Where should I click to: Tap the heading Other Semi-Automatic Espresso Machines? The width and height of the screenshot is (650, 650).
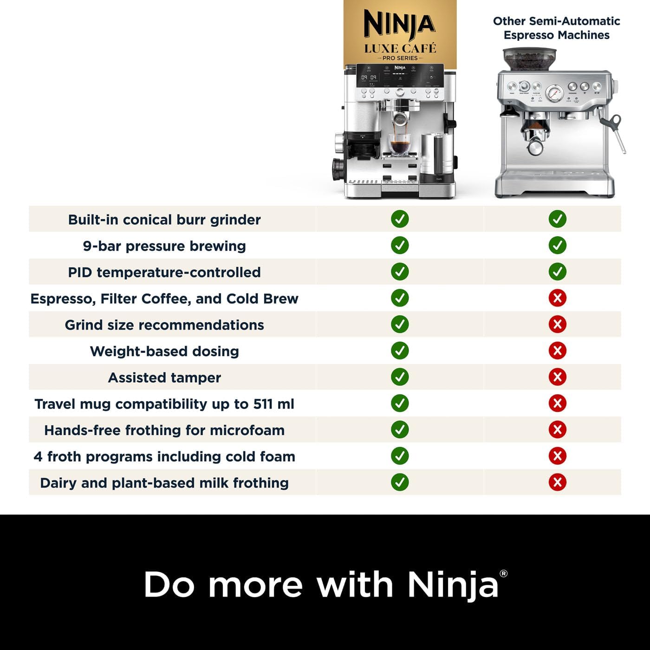pos(556,28)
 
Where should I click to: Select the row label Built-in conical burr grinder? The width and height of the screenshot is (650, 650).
pos(164,220)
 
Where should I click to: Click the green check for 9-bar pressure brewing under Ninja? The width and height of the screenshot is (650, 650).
pos(400,245)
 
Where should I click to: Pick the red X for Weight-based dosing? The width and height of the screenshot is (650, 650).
pos(557,351)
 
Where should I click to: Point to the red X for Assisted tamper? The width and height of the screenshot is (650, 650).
pos(557,377)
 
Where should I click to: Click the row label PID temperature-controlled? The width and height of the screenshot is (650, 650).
pos(164,272)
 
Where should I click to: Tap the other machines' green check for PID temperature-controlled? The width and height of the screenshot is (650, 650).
pos(557,272)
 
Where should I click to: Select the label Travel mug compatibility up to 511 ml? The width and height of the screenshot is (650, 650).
pos(164,404)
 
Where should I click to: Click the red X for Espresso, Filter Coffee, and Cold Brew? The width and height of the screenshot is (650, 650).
pos(557,298)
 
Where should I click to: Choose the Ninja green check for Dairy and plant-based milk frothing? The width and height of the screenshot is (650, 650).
pos(400,482)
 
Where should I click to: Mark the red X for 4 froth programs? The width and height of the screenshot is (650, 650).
pos(557,455)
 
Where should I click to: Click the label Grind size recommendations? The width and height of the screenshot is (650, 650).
pos(164,325)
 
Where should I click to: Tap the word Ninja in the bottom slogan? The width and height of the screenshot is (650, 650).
pos(453,584)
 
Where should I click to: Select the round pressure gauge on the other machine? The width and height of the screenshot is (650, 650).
pos(554,93)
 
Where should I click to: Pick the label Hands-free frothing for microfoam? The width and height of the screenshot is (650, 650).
pos(164,430)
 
